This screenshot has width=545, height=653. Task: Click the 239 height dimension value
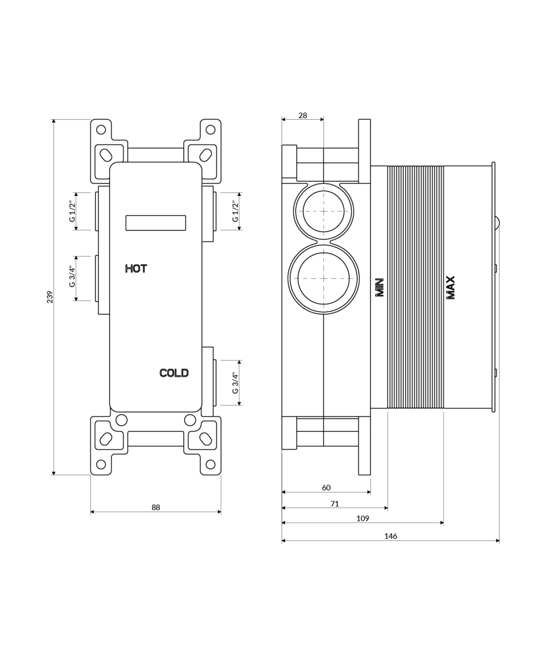tap(50, 297)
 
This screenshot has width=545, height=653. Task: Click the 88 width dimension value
tap(156, 507)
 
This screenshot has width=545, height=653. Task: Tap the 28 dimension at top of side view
tap(302, 115)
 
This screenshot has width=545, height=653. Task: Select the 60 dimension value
tap(326, 488)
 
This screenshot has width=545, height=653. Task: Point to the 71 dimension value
tap(335, 504)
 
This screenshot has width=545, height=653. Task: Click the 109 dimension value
tap(362, 518)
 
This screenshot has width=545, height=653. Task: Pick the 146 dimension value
tap(391, 536)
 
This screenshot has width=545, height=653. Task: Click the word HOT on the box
tap(136, 269)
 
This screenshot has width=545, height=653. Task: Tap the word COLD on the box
tap(174, 373)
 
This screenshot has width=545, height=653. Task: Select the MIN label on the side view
tap(379, 287)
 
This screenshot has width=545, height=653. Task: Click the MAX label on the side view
tap(450, 287)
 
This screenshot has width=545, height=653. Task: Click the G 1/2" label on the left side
tap(72, 211)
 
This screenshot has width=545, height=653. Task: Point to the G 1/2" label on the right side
tap(235, 211)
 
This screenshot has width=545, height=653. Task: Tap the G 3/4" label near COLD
tap(235, 382)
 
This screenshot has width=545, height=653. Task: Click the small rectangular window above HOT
tap(156, 223)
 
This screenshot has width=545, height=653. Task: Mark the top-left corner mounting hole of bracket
tap(101, 129)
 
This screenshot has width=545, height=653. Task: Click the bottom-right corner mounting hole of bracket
tap(210, 464)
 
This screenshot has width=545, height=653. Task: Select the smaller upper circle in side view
tap(323, 211)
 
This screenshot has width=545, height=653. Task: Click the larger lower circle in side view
tap(323, 279)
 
